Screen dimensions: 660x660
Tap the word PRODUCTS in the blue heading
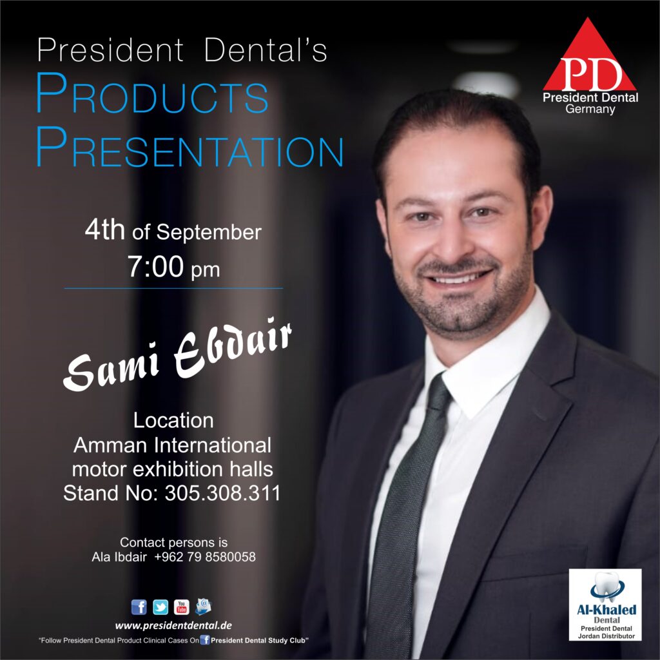pyautogui.click(x=152, y=93)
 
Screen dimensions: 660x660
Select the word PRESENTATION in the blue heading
pyautogui.click(x=190, y=147)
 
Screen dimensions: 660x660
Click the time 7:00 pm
pyautogui.click(x=173, y=267)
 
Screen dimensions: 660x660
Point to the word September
pyautogui.click(x=209, y=233)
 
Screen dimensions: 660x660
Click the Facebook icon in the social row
pyautogui.click(x=139, y=607)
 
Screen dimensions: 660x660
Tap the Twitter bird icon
pyautogui.click(x=160, y=607)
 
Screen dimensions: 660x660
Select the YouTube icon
pyautogui.click(x=181, y=607)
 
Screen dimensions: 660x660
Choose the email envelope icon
pyautogui.click(x=203, y=607)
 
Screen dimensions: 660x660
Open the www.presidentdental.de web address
pyautogui.click(x=173, y=626)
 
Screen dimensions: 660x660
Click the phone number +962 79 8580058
pyautogui.click(x=205, y=557)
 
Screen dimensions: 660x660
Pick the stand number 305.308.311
pyautogui.click(x=222, y=493)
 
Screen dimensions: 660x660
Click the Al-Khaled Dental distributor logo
pyautogui.click(x=605, y=605)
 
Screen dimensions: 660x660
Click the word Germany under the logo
pyautogui.click(x=590, y=109)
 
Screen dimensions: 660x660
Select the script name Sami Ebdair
pyautogui.click(x=178, y=354)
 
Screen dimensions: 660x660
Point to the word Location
pyautogui.click(x=173, y=420)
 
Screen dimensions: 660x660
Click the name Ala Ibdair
pyautogui.click(x=119, y=557)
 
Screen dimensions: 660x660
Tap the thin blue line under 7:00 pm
pyautogui.click(x=173, y=288)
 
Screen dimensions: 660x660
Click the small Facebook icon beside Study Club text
pyautogui.click(x=205, y=640)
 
